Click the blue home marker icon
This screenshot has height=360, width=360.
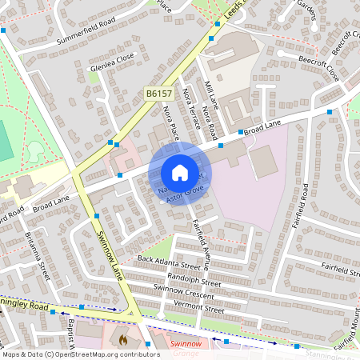pos(180,173)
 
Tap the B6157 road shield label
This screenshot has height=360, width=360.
pos(158,94)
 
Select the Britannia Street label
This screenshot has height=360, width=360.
pos(42,255)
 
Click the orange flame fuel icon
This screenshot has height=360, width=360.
pos(122,340)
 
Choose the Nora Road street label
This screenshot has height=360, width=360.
pos(210,120)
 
